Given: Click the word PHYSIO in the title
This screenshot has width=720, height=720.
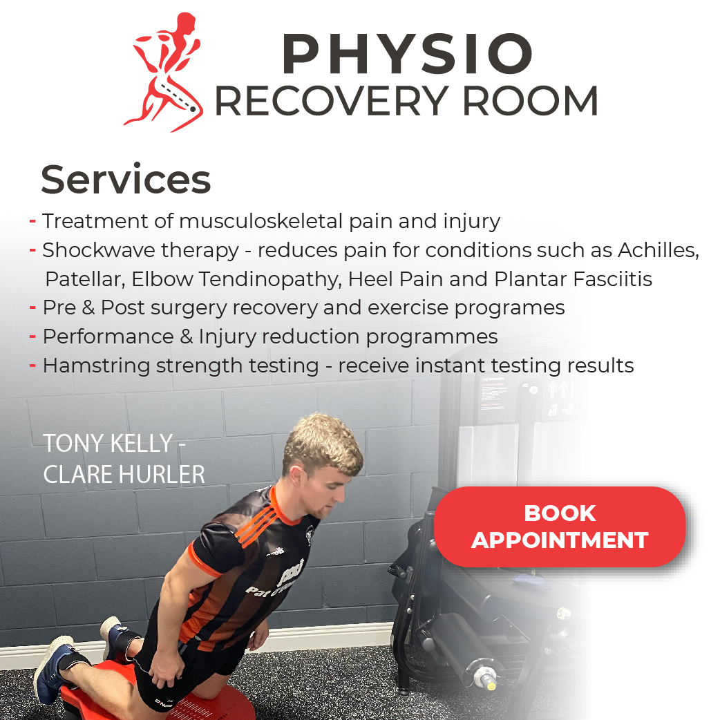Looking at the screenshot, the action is coord(407,54).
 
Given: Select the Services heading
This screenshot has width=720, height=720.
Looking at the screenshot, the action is coord(126,180).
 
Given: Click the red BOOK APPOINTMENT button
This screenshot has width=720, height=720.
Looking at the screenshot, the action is coord(560,527).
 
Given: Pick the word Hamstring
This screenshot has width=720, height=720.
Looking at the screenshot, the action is coord(97,366).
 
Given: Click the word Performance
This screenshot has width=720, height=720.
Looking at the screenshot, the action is coord(108,337).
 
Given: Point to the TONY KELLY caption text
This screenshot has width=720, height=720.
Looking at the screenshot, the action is coord(114,444).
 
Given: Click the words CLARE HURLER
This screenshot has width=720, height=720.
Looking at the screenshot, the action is coord(124,474).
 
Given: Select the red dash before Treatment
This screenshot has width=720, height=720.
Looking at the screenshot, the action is coord(32,221).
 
